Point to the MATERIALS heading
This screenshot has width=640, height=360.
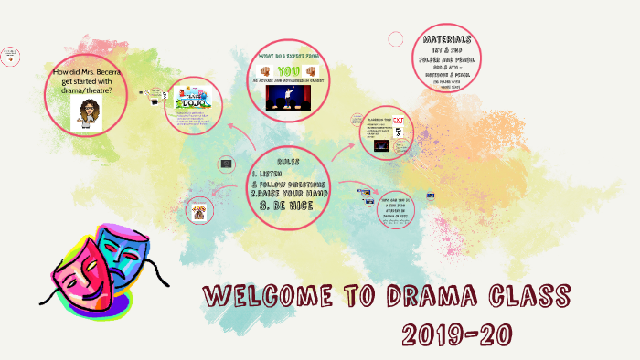pos(448,40)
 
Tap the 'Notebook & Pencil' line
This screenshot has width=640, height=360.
pos(448,76)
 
